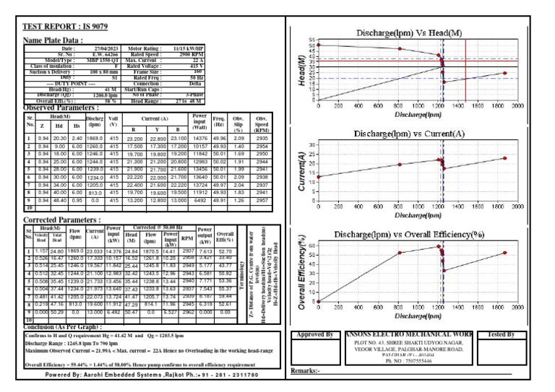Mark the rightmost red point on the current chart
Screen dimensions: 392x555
(x=505, y=158)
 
